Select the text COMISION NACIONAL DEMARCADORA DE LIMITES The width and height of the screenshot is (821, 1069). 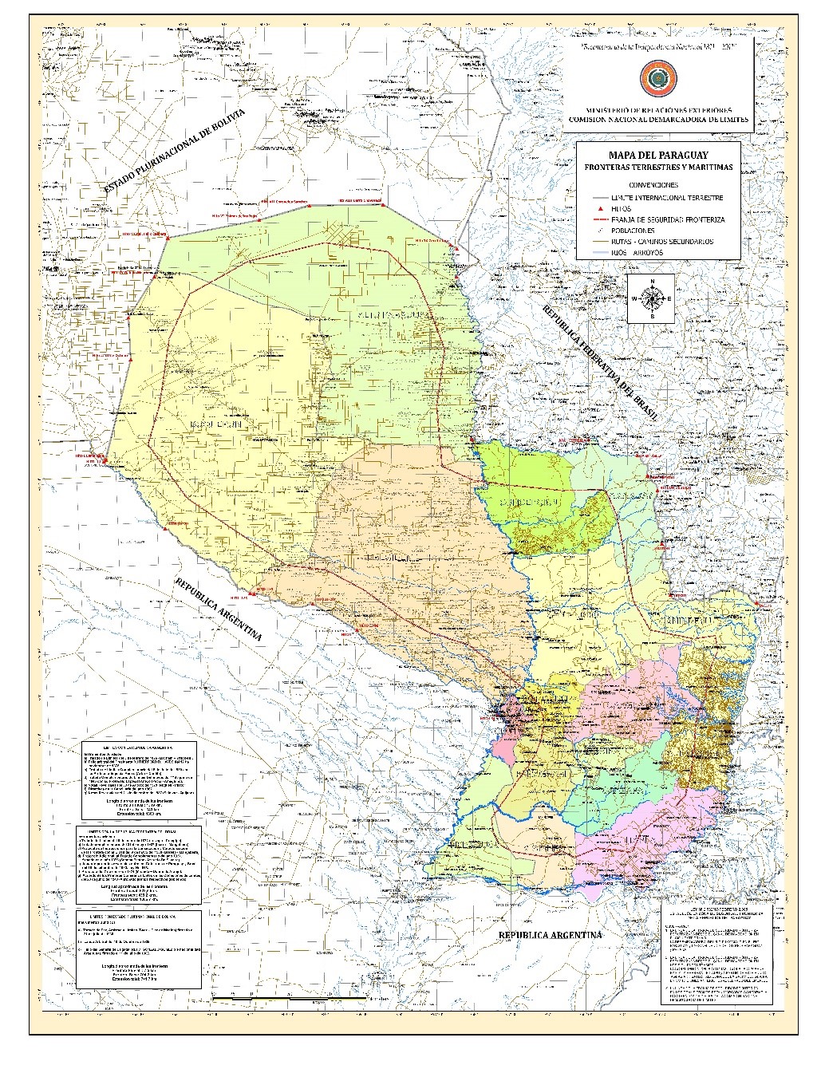(x=658, y=118)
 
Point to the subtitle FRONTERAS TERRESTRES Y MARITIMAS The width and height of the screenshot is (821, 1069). (x=658, y=168)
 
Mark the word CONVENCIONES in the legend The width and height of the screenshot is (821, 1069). (x=658, y=184)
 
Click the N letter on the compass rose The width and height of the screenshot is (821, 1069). (x=652, y=282)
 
